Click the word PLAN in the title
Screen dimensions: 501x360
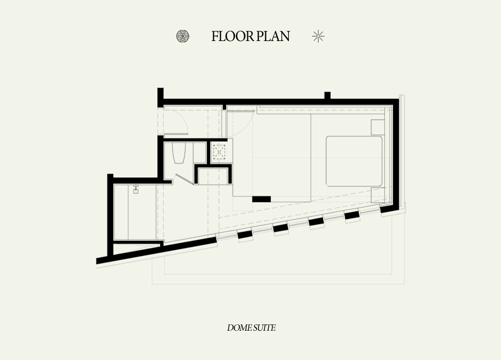click(x=273, y=36)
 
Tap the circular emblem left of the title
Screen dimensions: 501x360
click(x=183, y=36)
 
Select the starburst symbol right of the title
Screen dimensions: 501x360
click(x=318, y=36)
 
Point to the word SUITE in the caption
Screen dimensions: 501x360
click(x=264, y=328)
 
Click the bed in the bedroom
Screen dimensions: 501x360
click(x=354, y=161)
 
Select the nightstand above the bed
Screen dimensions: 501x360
click(x=378, y=127)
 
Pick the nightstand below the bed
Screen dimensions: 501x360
click(x=378, y=195)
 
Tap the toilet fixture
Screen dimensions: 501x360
click(x=179, y=153)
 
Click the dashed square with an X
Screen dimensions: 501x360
click(x=219, y=152)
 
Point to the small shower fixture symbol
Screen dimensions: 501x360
click(x=136, y=189)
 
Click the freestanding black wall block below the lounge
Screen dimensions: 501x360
click(x=261, y=199)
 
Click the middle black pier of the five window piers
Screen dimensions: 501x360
click(x=316, y=222)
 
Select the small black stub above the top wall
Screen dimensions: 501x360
click(x=327, y=95)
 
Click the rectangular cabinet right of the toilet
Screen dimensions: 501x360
click(x=200, y=153)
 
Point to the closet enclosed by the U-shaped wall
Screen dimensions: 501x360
click(x=213, y=176)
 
